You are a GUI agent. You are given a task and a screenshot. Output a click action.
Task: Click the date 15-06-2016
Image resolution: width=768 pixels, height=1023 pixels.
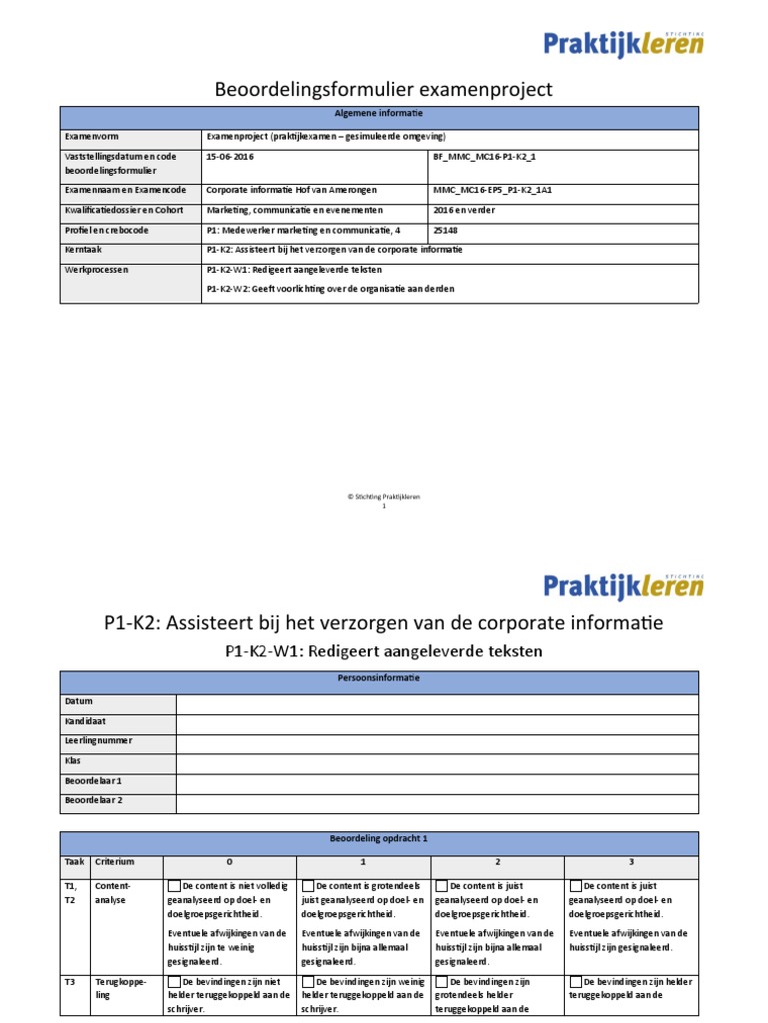[229, 157]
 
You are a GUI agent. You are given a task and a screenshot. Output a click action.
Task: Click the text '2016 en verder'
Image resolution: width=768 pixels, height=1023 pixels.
[464, 210]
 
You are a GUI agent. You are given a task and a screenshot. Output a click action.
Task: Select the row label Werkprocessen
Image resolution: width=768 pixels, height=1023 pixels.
[97, 270]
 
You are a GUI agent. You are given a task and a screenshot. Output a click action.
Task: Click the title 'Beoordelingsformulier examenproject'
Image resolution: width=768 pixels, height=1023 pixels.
[384, 90]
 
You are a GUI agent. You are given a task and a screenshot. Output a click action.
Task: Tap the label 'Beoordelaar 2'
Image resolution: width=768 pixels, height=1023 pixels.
[94, 800]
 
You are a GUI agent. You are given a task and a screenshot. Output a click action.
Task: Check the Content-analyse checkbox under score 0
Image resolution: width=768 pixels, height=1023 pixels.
[175, 886]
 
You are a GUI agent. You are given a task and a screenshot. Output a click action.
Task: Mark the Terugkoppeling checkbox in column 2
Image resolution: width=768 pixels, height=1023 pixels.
[441, 983]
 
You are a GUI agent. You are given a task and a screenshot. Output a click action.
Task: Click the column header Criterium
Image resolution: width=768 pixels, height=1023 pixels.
[113, 861]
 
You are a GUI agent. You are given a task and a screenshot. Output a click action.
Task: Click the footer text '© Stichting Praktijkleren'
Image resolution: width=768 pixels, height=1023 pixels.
[384, 497]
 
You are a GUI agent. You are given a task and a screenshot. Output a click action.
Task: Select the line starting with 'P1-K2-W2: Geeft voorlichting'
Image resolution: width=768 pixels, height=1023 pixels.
[330, 289]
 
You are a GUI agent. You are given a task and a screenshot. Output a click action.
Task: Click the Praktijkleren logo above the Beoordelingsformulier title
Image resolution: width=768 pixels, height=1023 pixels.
[623, 43]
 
